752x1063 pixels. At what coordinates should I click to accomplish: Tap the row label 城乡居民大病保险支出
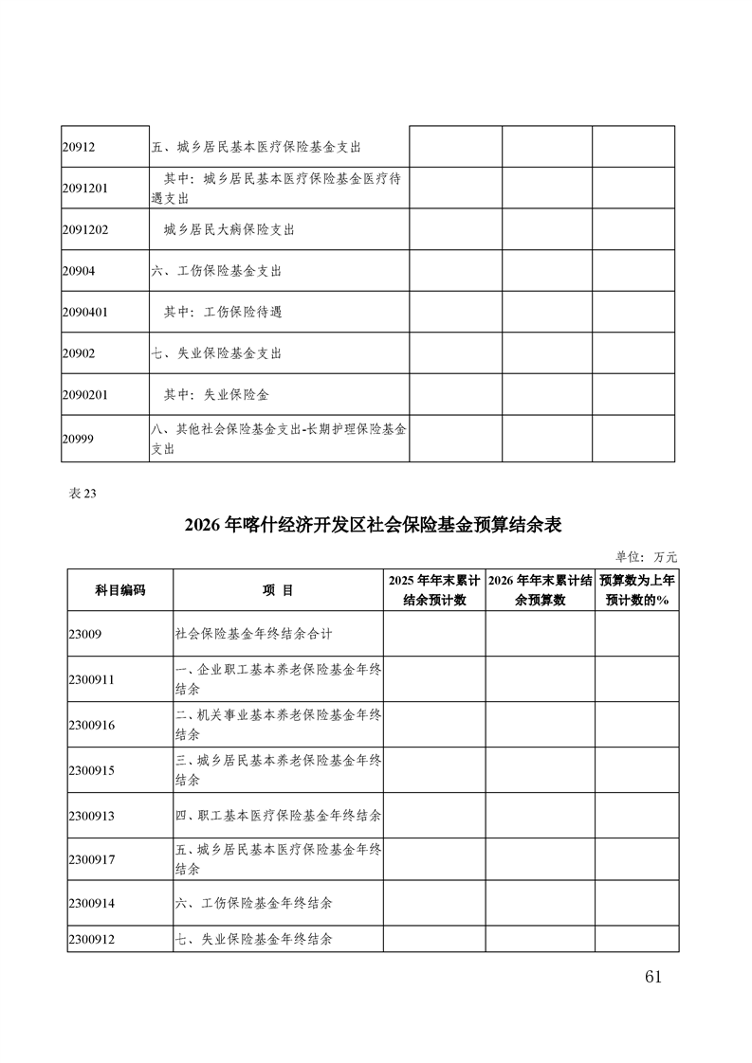point(229,230)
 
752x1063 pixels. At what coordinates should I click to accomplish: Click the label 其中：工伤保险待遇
point(223,312)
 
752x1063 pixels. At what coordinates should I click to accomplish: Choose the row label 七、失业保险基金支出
point(216,353)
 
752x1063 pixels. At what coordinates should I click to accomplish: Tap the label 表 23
point(83,493)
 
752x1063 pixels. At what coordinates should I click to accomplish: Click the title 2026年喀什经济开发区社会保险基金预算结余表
point(375,525)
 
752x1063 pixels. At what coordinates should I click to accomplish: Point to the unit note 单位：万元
point(647,557)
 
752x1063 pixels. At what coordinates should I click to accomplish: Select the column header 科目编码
point(119,590)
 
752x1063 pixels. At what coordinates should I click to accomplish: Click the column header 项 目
point(278,590)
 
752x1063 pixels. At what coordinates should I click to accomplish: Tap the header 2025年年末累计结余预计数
point(434,590)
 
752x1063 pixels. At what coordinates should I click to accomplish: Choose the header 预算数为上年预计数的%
point(637,590)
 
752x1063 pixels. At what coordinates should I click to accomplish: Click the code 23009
point(85,634)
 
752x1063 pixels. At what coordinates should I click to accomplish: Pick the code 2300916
point(92,725)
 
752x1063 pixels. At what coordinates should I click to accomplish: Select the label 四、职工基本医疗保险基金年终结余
point(279,815)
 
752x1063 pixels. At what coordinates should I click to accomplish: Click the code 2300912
point(92,939)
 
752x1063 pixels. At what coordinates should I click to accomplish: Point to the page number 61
point(651,977)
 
